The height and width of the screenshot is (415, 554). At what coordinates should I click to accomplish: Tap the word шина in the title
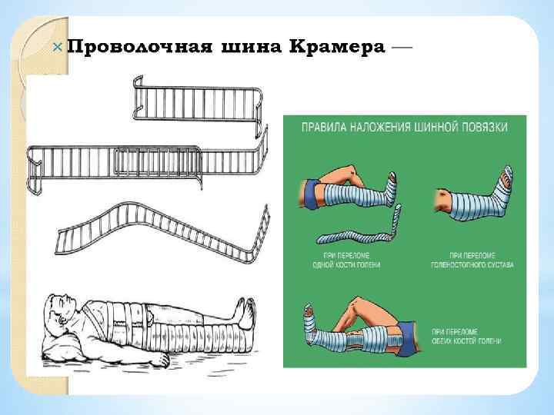coord(248,48)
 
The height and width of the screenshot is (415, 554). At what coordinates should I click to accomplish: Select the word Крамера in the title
coord(338,48)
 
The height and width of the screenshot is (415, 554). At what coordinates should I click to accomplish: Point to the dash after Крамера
coord(402,47)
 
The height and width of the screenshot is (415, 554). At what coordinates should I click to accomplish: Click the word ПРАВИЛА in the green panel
coord(322,128)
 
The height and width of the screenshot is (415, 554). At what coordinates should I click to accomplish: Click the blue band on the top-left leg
coord(311,192)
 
